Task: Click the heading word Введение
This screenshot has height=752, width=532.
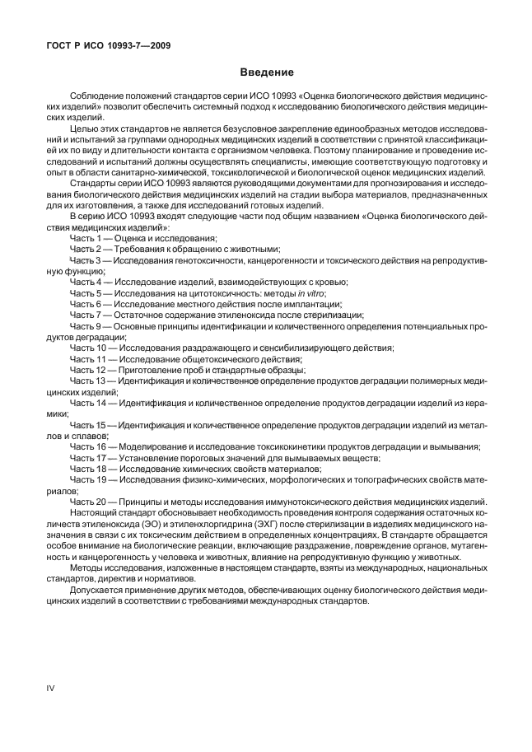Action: (x=266, y=72)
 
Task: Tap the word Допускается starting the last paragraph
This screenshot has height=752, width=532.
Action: (x=97, y=590)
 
